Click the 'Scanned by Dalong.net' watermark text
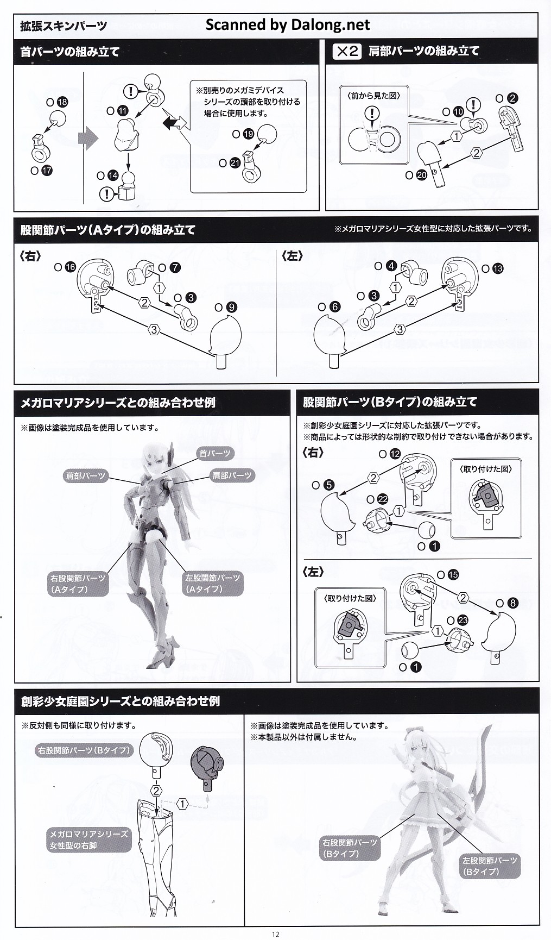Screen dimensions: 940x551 click(x=288, y=25)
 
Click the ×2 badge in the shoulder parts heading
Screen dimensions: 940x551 click(x=346, y=52)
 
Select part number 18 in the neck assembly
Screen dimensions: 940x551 click(x=62, y=102)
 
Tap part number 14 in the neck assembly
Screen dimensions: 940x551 click(x=113, y=176)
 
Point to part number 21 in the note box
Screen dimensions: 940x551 click(x=235, y=163)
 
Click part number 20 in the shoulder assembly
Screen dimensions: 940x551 click(x=422, y=176)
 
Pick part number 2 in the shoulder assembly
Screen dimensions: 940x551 click(x=512, y=98)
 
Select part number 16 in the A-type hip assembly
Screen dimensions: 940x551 click(x=70, y=267)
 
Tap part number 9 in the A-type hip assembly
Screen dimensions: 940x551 click(x=232, y=307)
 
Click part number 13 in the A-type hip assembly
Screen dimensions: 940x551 click(x=498, y=268)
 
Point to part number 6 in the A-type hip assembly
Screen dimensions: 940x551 click(x=335, y=307)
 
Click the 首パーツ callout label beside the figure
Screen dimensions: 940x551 click(x=215, y=453)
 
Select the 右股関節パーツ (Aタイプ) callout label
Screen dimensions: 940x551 click(x=78, y=584)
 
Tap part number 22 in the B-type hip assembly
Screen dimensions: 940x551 click(x=383, y=499)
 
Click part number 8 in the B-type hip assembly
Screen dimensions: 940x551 click(x=513, y=603)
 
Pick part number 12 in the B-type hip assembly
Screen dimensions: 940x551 click(x=395, y=454)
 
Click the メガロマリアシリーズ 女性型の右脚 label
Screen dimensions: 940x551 click(x=89, y=839)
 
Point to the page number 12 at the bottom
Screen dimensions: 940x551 click(x=275, y=934)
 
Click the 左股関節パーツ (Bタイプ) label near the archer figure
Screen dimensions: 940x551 click(x=490, y=866)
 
